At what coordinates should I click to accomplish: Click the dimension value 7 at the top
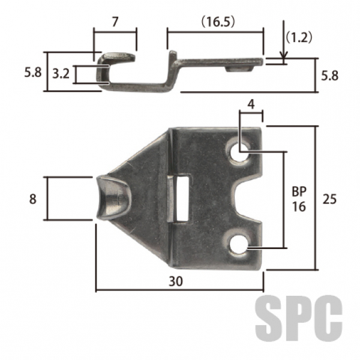tap(115, 22)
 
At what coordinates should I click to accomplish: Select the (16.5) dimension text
tap(218, 22)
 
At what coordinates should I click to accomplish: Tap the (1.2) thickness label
tap(299, 37)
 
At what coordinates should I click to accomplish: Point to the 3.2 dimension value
tap(61, 74)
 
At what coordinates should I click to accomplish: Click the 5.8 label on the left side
tap(33, 73)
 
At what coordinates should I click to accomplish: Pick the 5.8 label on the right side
tap(329, 76)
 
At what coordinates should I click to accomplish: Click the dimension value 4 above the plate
tap(251, 104)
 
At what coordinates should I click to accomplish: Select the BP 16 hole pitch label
tap(299, 199)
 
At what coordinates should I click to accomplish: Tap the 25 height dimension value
tap(329, 199)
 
